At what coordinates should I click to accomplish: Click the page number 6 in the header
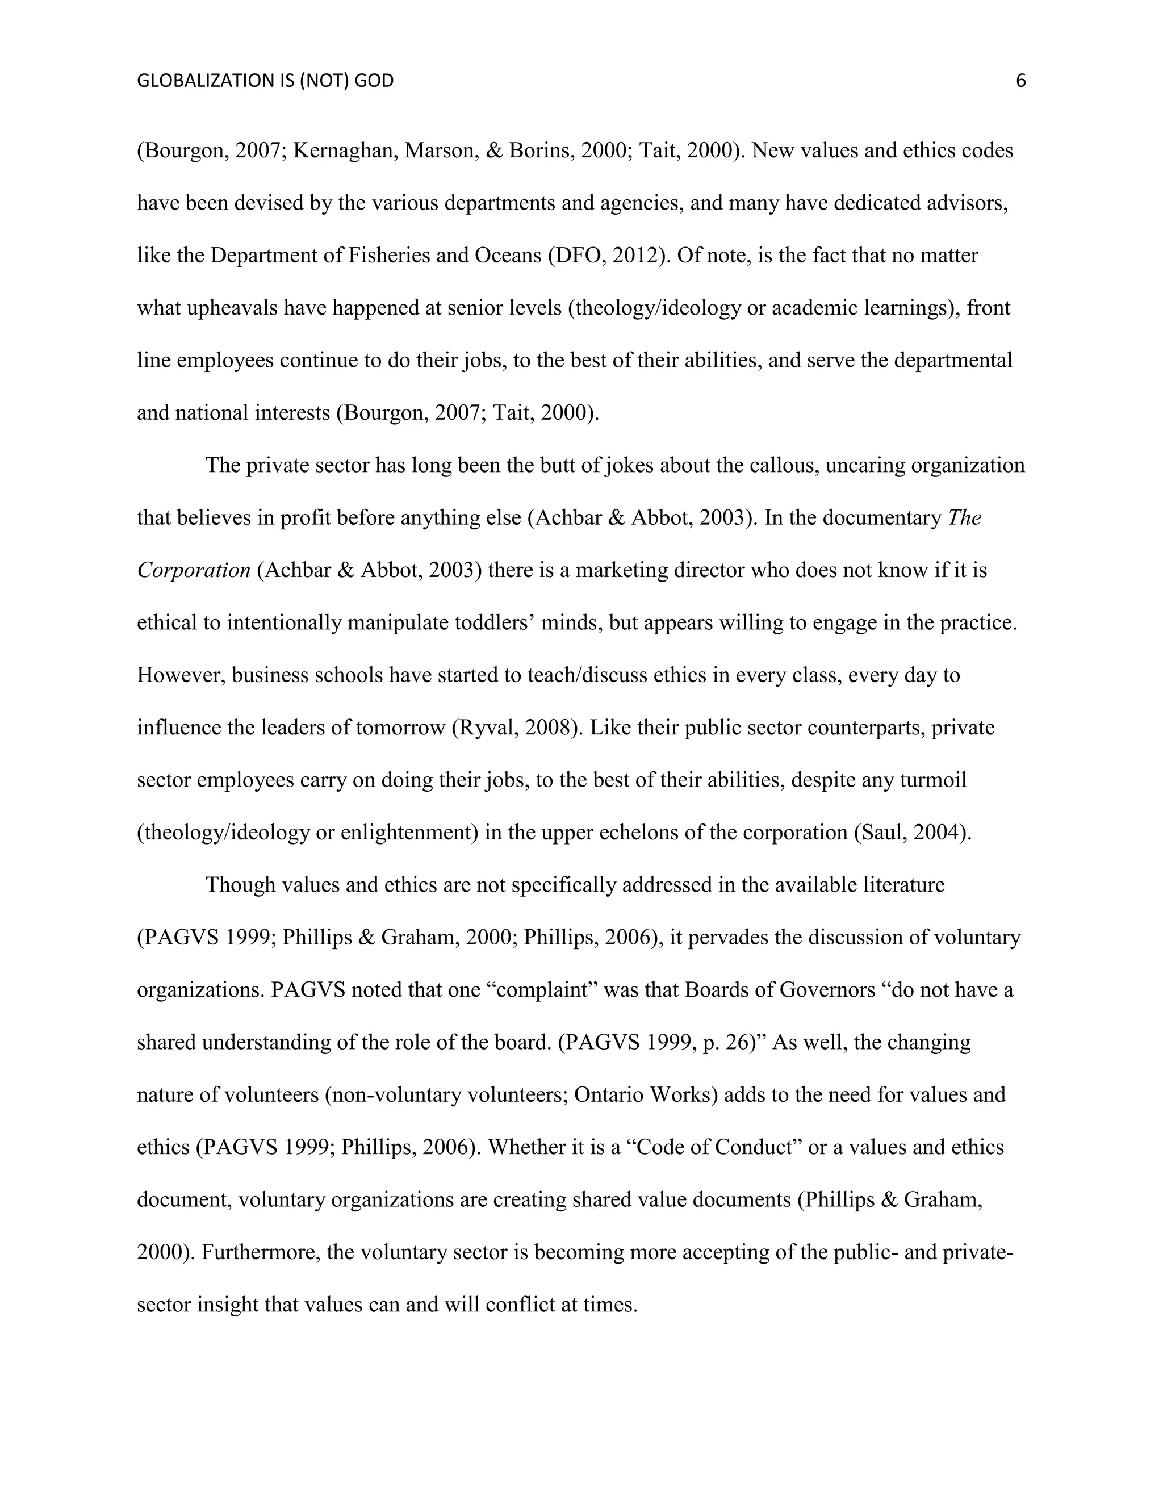(1020, 81)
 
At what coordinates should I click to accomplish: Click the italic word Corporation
(194, 571)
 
